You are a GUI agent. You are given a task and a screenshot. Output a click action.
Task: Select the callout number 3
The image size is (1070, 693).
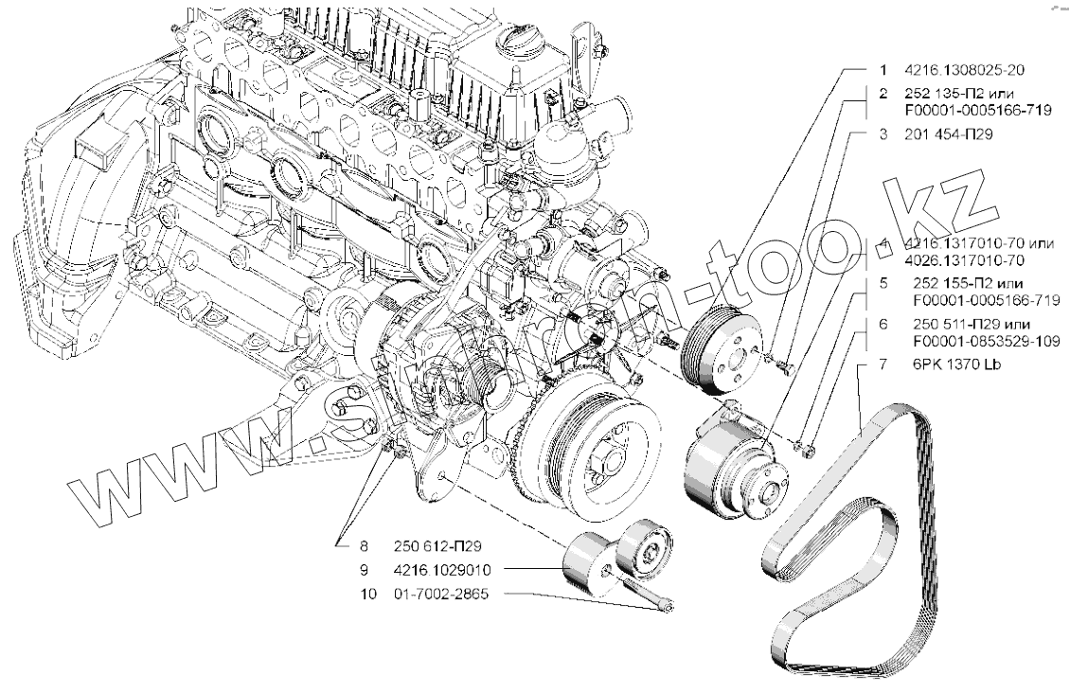(x=882, y=135)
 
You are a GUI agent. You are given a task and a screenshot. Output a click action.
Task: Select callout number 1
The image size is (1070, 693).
(x=882, y=70)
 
